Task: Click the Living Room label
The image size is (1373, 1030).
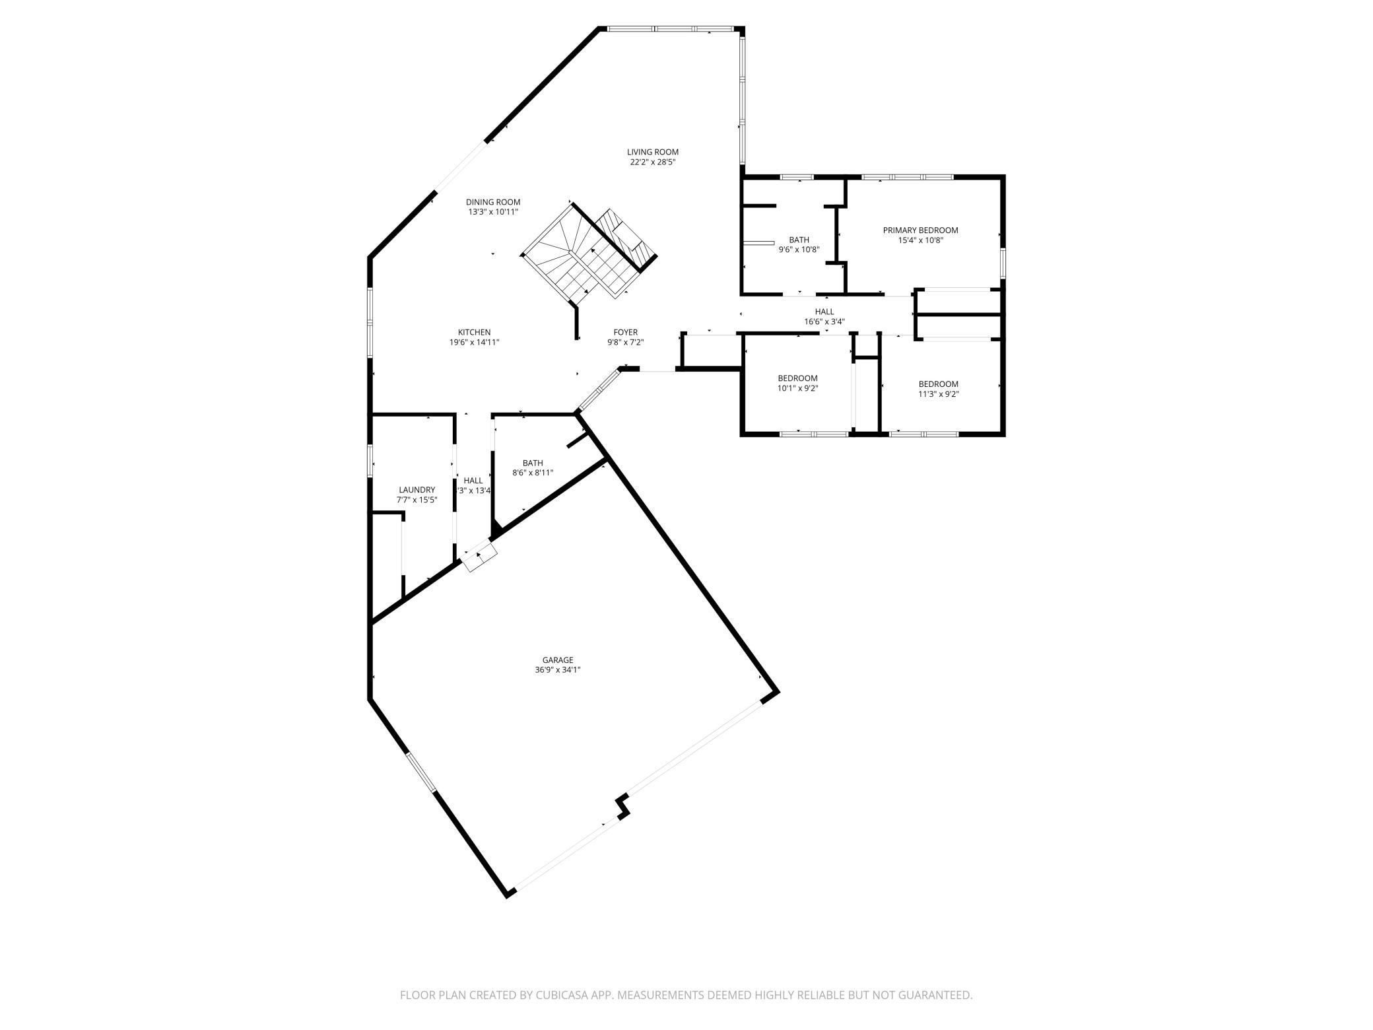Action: pos(652,152)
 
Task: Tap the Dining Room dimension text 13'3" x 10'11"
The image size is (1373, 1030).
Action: pos(493,212)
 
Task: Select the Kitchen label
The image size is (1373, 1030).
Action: pos(474,332)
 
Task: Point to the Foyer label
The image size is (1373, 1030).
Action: pos(625,332)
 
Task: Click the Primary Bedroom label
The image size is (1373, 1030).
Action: pos(920,230)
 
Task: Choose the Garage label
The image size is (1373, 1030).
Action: pos(558,660)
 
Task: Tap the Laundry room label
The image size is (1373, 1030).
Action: pos(417,490)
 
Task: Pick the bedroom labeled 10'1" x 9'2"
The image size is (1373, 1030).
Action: pos(797,384)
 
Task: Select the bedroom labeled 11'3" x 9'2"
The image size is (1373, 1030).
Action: pos(938,389)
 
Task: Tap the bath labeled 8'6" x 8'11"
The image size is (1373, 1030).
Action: pos(533,468)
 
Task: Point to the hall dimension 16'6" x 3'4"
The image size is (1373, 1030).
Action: pos(824,322)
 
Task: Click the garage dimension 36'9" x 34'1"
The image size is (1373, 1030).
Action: pos(558,669)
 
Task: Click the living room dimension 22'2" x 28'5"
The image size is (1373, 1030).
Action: pos(652,162)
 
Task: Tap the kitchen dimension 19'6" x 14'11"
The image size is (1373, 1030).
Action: pos(474,342)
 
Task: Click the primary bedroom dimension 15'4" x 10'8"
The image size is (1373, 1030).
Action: pos(920,240)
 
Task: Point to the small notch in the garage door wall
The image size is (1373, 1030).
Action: pos(622,807)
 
